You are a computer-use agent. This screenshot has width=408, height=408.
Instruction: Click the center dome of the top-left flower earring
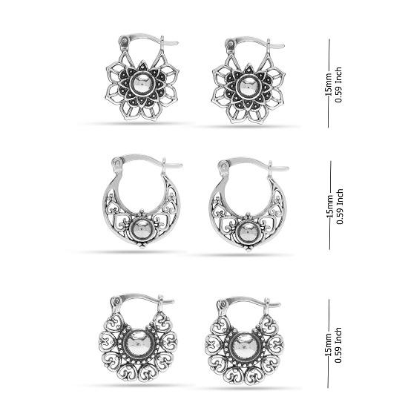click(x=142, y=85)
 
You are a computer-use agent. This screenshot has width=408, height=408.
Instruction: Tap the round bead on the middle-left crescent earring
click(x=141, y=230)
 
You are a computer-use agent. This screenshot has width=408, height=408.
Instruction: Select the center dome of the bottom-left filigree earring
click(x=138, y=343)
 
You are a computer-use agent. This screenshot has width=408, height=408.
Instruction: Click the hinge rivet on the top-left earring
click(x=125, y=41)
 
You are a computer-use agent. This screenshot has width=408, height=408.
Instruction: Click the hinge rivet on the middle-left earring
click(x=116, y=163)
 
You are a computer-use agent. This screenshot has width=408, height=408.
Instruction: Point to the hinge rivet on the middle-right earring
click(x=223, y=165)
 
